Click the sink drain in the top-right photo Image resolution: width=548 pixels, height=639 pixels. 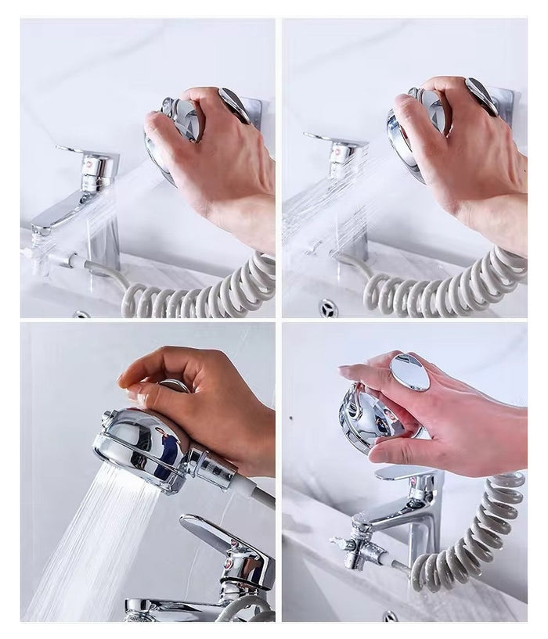(328, 306)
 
